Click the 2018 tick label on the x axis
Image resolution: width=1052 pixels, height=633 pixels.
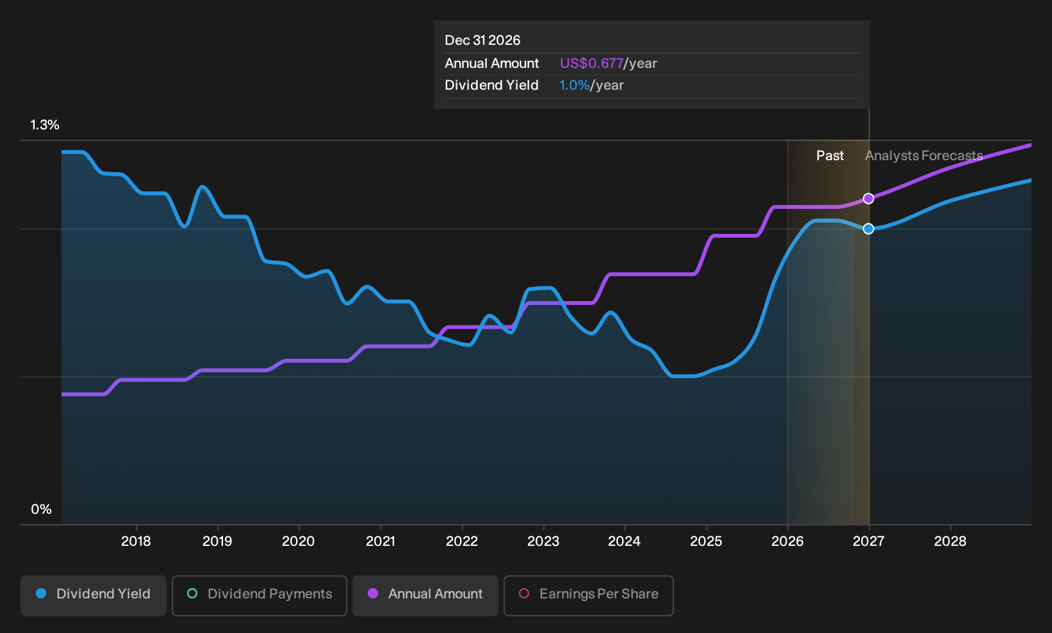coord(136,541)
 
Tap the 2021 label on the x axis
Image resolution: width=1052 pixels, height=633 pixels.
coord(381,541)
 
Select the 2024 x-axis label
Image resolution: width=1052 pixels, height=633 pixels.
coord(624,541)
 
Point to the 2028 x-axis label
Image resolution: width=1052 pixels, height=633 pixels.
coord(950,541)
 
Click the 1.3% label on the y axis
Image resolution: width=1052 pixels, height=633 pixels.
coord(45,125)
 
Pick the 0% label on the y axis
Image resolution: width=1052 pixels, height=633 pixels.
coord(42,509)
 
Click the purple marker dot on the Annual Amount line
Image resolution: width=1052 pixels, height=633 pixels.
coord(868,199)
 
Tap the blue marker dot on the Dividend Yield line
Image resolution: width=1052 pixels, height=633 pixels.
coord(868,229)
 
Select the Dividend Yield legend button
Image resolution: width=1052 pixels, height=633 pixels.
coord(94,595)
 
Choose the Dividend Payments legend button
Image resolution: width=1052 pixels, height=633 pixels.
coord(259,595)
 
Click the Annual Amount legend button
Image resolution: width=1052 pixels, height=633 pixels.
coord(425,595)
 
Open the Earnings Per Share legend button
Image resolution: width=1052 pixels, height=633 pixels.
coord(588,595)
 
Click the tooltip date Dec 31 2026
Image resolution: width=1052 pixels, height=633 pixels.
coord(482,40)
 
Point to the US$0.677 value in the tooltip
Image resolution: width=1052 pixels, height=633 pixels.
coord(591,63)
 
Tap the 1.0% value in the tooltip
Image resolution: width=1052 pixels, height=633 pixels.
coord(575,85)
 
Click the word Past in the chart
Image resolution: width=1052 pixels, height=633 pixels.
coord(830,156)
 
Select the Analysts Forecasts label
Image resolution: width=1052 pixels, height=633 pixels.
coord(924,156)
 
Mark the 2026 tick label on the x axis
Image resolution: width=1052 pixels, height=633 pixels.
coord(787,541)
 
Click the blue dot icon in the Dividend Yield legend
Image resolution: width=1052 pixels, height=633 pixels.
coord(42,593)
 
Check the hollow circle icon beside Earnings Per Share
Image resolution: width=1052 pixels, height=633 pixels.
coord(523,593)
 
